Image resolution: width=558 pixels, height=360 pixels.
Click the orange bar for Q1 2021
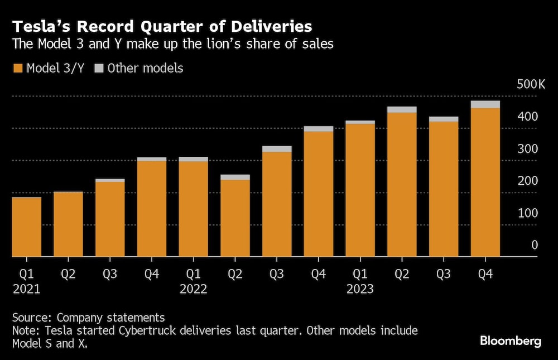pos(26,227)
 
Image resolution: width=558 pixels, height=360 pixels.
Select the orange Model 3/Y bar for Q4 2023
pos(485,182)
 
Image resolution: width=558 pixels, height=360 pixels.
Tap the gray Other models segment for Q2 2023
pos(402,109)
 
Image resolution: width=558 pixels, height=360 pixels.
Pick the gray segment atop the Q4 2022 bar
pos(319,129)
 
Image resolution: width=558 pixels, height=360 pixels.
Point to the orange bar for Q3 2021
pos(110,219)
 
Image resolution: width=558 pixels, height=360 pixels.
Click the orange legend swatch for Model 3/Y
pos(17,69)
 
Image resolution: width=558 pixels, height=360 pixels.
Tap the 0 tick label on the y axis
pos(534,245)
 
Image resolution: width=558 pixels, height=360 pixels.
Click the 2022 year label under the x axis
pos(193,289)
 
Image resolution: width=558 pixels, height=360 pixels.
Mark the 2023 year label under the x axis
pos(360,289)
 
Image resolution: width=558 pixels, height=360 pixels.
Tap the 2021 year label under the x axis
pos(26,289)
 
